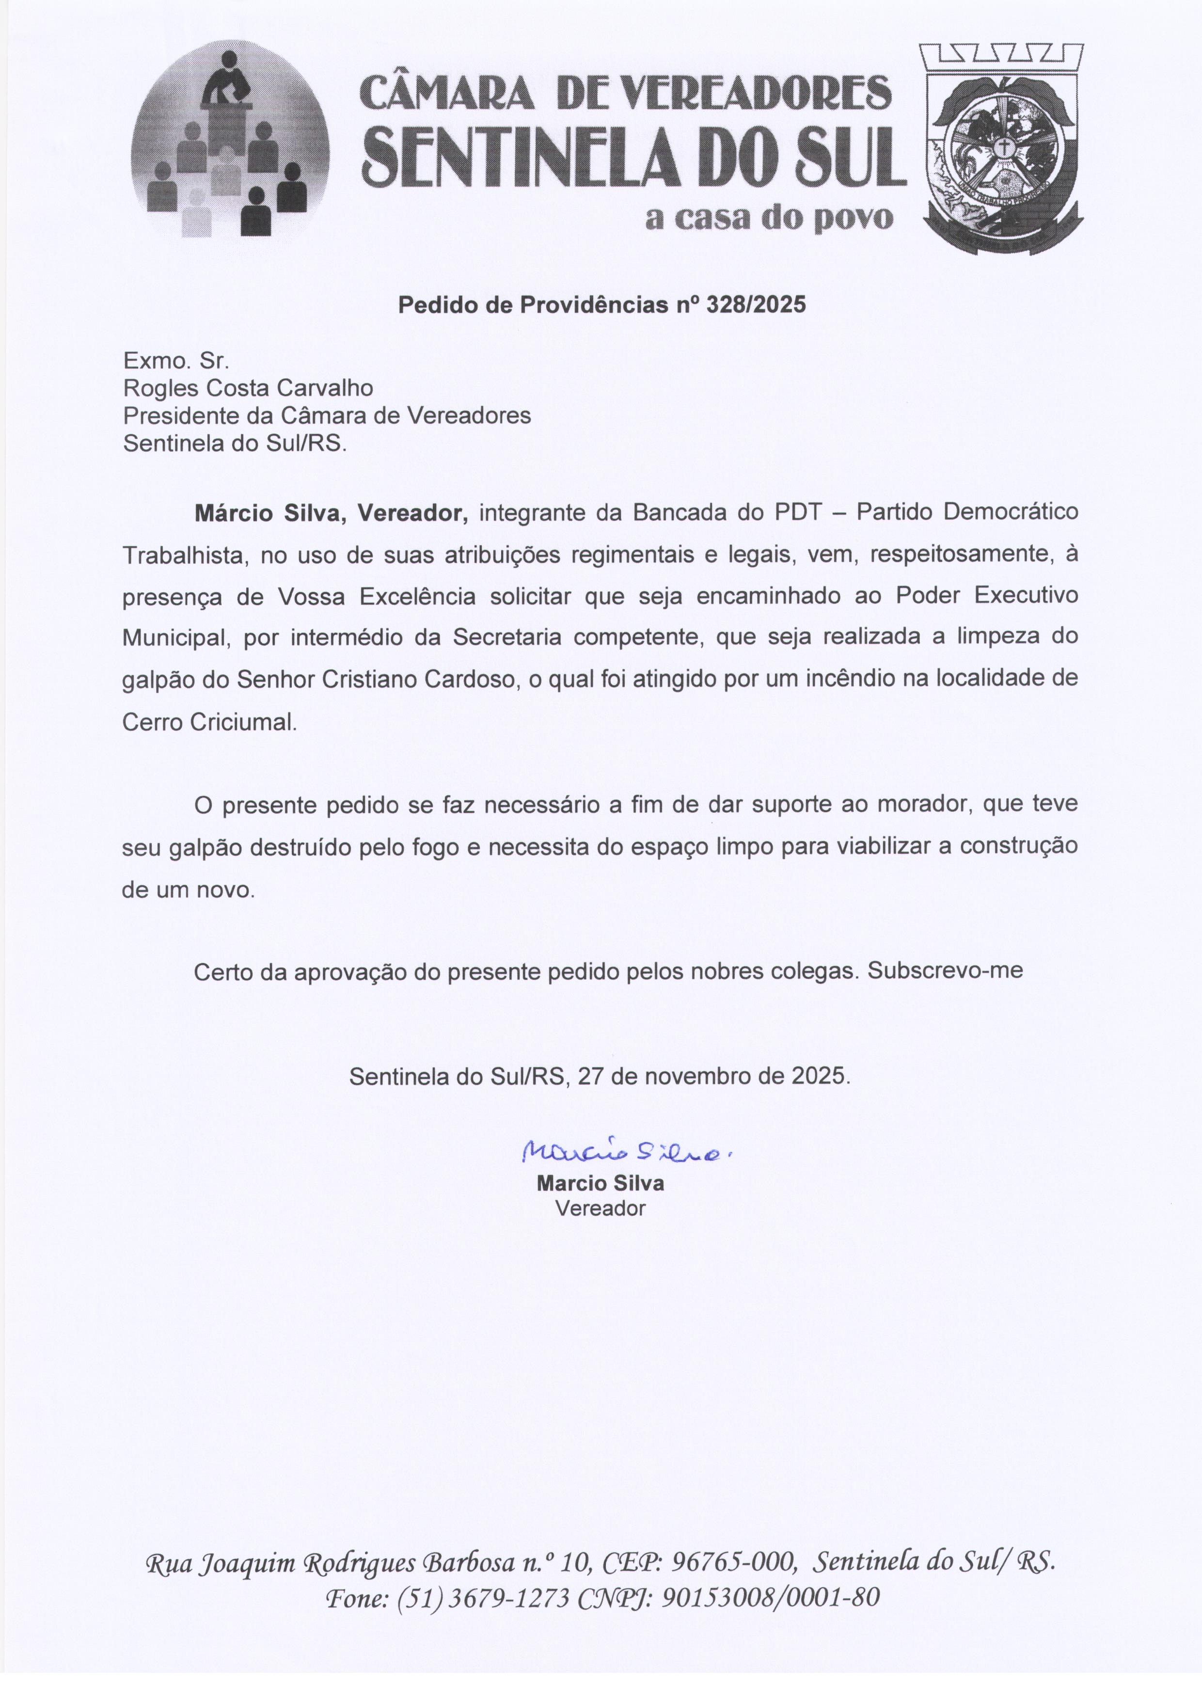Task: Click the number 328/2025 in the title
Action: (756, 305)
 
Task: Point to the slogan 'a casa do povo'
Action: (769, 219)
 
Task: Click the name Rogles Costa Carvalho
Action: (248, 388)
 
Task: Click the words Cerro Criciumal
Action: (209, 722)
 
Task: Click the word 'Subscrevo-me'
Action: (945, 970)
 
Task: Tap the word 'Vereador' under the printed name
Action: (600, 1208)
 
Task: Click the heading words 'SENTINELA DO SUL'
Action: (635, 158)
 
